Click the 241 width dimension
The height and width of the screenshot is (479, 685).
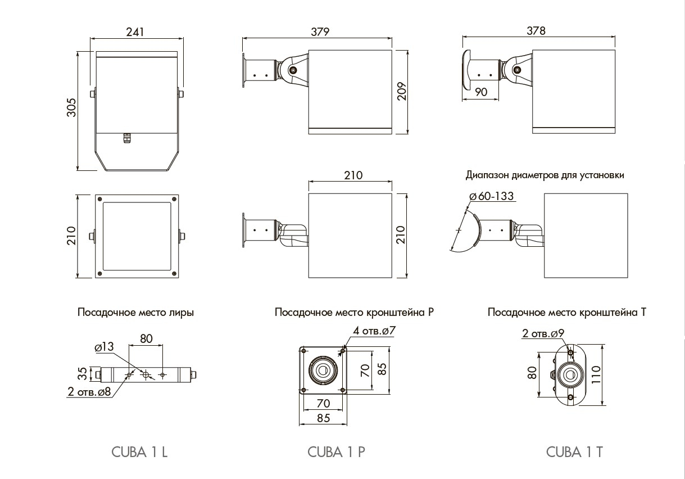(x=135, y=32)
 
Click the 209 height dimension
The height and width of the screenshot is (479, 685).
(x=401, y=90)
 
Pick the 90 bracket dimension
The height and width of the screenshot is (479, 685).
(x=481, y=93)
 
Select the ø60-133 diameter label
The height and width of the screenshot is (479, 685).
(x=491, y=196)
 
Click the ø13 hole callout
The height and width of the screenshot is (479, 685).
(x=105, y=348)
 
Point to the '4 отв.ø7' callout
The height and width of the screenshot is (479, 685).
(x=374, y=331)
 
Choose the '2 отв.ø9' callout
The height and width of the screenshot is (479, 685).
(x=543, y=333)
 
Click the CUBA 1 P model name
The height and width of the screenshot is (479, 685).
(x=337, y=452)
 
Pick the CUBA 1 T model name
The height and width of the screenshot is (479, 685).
(x=574, y=452)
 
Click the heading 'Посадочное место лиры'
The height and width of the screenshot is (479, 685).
(x=135, y=313)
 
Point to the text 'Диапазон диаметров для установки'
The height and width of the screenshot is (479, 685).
(x=545, y=175)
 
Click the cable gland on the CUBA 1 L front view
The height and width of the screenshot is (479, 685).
(x=126, y=137)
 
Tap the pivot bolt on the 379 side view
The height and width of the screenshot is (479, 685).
(x=293, y=70)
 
